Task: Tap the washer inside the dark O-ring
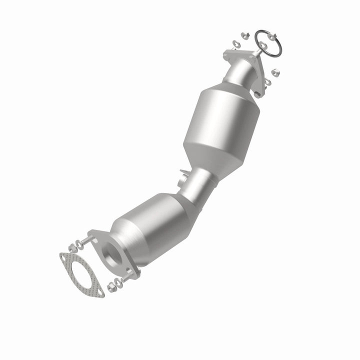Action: click(263, 45)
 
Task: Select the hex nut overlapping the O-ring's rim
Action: click(271, 36)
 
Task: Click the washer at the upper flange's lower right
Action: click(267, 81)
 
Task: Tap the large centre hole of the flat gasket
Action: click(81, 274)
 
